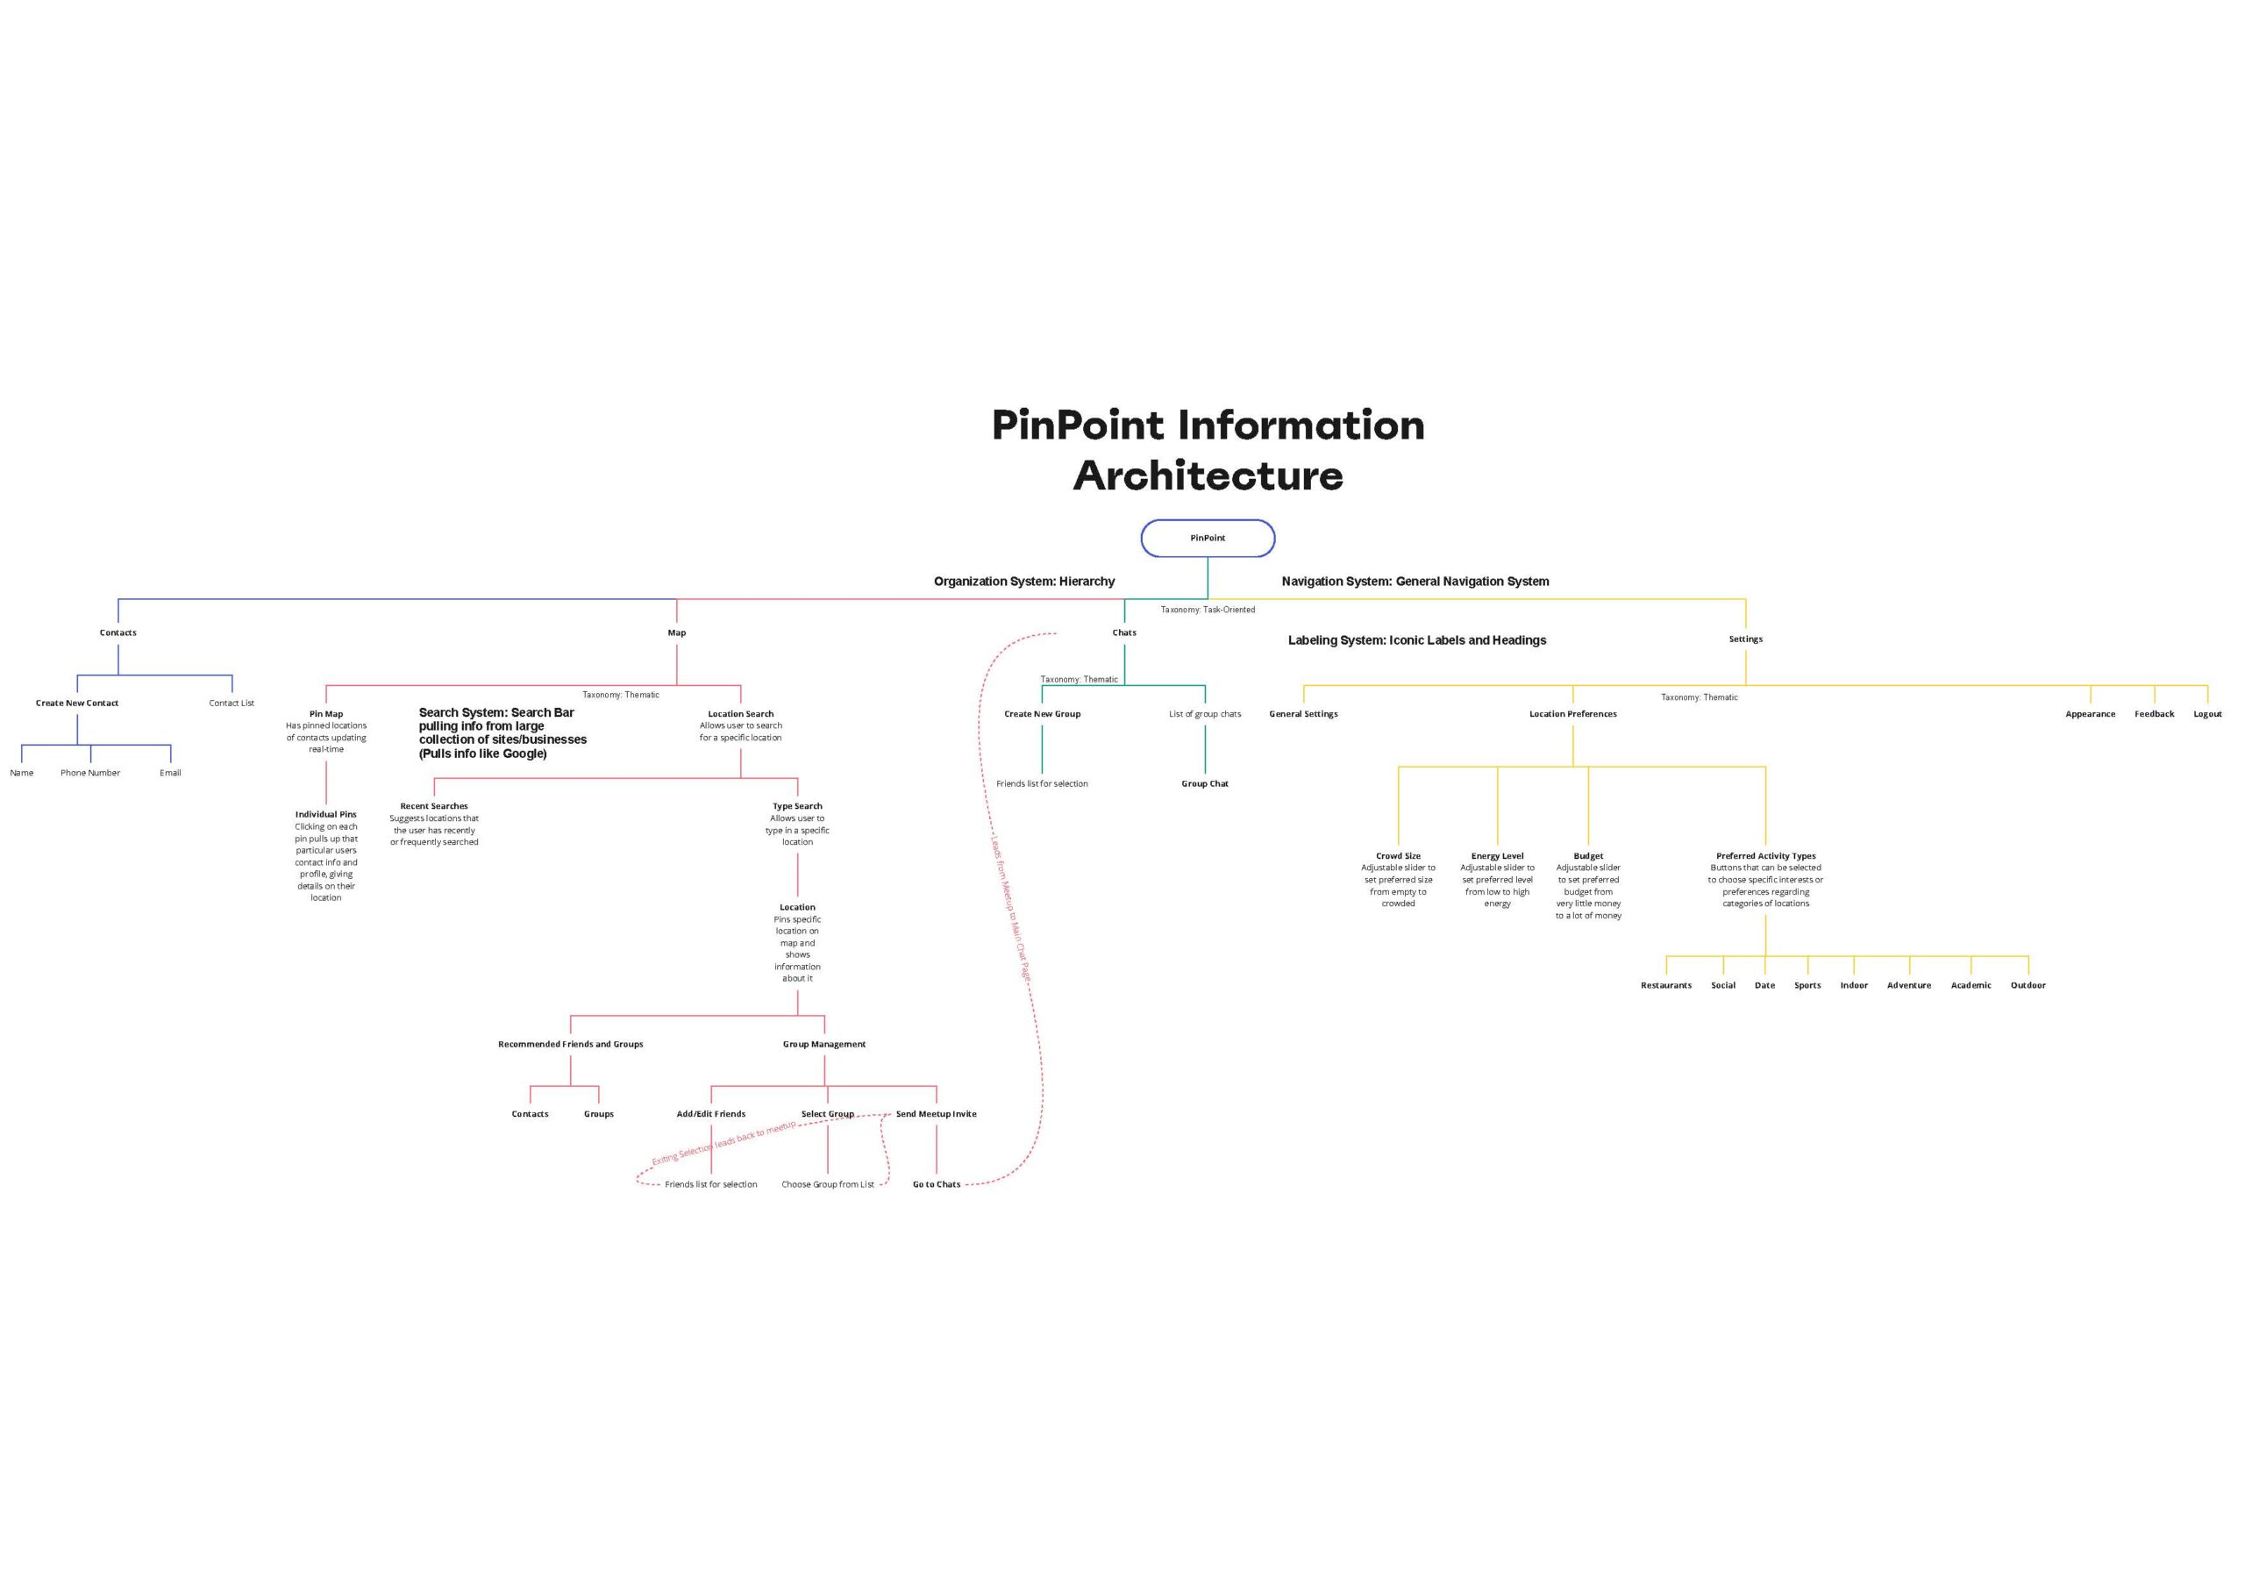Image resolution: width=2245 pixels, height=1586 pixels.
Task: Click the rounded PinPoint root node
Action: coord(1208,538)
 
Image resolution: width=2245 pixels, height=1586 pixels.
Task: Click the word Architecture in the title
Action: coord(1208,476)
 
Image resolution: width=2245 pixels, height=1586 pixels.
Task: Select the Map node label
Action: coord(677,632)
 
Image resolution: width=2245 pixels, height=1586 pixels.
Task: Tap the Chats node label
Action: coord(1124,632)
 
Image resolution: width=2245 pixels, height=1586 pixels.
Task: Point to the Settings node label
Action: coord(1745,639)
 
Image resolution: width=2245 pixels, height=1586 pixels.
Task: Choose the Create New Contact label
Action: coord(77,703)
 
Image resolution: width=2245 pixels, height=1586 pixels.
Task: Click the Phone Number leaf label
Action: coord(90,773)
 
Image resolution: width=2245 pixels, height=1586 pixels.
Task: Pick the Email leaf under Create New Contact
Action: coord(170,773)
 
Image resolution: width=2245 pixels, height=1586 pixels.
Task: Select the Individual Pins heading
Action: coord(325,815)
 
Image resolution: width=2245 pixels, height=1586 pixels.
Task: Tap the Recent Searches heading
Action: coord(434,807)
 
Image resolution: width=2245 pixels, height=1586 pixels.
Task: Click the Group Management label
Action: coord(824,1044)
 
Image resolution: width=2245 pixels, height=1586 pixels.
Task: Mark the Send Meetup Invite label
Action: coord(936,1114)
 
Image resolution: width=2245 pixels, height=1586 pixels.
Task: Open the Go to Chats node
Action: coord(937,1184)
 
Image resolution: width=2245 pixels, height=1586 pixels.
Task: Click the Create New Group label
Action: coord(1043,714)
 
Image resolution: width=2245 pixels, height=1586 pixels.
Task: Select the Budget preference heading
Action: coord(1588,855)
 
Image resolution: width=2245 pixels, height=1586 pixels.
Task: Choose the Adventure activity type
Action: coord(1908,986)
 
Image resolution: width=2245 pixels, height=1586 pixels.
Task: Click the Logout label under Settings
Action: coord(2208,714)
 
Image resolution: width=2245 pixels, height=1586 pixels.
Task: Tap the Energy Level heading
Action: coord(1497,855)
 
